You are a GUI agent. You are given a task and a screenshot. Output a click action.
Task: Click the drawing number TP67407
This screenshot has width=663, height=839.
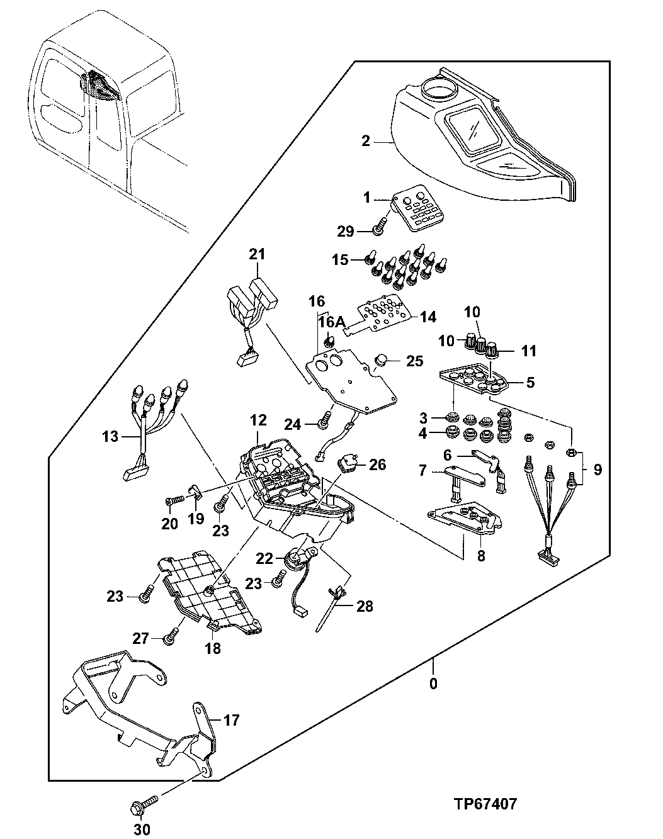tap(485, 804)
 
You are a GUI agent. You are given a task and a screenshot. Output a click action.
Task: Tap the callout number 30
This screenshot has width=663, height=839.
tap(143, 830)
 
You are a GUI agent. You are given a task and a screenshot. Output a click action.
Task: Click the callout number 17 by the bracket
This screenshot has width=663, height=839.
tap(232, 720)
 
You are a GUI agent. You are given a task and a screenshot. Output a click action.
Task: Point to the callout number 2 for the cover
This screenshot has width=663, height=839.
tap(366, 141)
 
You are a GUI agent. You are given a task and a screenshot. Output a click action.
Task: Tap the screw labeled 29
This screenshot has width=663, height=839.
tap(378, 229)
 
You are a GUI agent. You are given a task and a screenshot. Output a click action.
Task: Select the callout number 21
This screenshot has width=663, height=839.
tap(256, 255)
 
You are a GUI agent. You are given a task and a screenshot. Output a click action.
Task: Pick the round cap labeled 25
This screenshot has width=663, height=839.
tap(382, 361)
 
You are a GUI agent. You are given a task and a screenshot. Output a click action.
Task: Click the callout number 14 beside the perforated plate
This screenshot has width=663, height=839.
tap(428, 317)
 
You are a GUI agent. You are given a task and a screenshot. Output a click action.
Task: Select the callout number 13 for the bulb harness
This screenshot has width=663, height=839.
tap(110, 436)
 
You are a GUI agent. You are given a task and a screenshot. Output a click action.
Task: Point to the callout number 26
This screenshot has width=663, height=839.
tap(377, 465)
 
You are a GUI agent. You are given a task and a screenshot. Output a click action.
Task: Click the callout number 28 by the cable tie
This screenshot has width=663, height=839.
tap(365, 606)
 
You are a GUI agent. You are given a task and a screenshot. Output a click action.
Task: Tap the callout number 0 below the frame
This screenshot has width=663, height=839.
tap(433, 684)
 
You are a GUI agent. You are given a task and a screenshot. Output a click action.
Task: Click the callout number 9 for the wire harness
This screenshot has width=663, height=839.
tap(597, 470)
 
